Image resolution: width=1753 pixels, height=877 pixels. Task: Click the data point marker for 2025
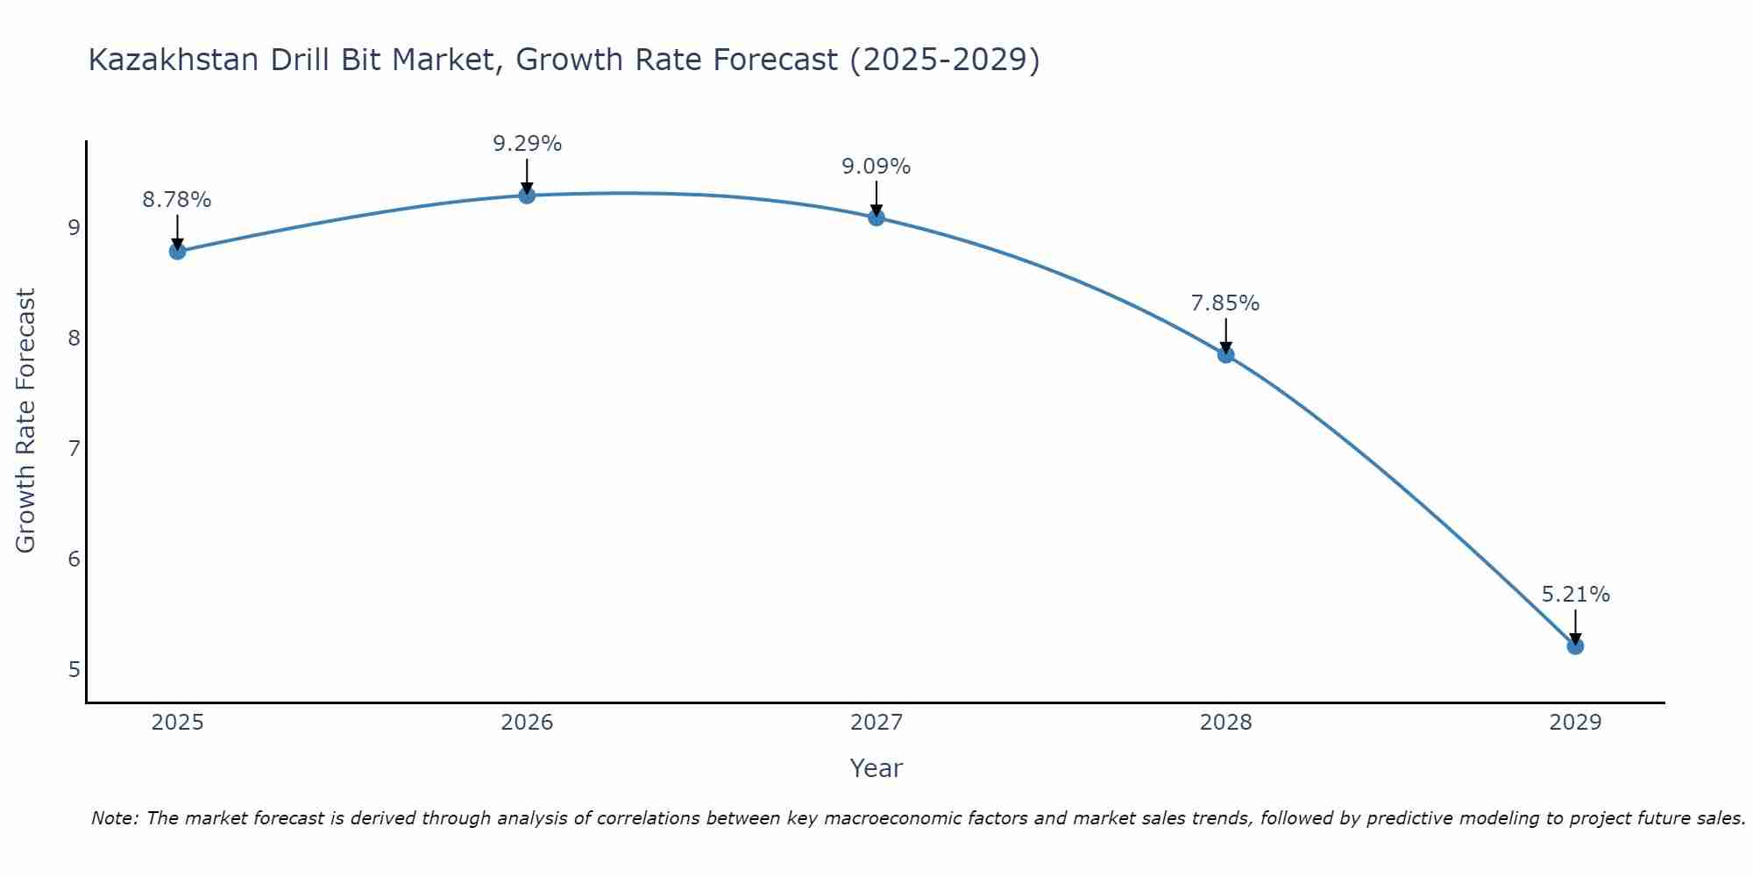tap(177, 252)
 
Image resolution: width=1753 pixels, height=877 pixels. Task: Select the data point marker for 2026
tap(527, 195)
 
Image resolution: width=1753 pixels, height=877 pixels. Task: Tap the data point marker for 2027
tap(876, 217)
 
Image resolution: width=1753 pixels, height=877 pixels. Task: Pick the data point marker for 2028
tap(1225, 354)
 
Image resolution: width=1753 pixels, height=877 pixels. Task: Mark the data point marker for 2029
tap(1575, 646)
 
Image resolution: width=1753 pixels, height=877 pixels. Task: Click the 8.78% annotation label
tap(177, 200)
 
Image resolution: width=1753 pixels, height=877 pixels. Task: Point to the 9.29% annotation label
tap(527, 144)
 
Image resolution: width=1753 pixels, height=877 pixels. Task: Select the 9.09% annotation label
tap(876, 167)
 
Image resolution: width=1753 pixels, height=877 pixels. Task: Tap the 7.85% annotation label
tap(1225, 303)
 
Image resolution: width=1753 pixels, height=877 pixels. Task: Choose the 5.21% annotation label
tap(1575, 595)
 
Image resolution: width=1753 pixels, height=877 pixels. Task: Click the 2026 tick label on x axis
tap(527, 723)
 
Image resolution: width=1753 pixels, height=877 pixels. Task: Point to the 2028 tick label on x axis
tap(1225, 723)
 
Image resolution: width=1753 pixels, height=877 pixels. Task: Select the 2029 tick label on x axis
tap(1575, 723)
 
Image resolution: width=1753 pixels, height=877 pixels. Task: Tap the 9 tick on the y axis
tap(74, 228)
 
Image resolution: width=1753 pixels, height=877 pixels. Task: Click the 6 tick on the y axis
tap(74, 560)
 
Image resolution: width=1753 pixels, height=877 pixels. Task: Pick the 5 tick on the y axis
tap(74, 670)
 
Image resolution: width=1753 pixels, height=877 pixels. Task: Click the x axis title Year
tap(876, 768)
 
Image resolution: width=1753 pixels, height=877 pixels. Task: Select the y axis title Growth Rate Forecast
tap(26, 421)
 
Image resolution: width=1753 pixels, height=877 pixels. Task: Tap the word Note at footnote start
tap(115, 818)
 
